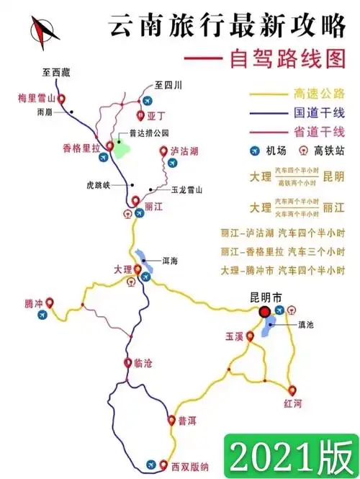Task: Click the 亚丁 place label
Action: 156,115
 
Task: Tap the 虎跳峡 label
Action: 99,184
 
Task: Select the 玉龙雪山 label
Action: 186,190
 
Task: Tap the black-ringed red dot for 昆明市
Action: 265,311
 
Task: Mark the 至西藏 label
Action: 55,71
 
